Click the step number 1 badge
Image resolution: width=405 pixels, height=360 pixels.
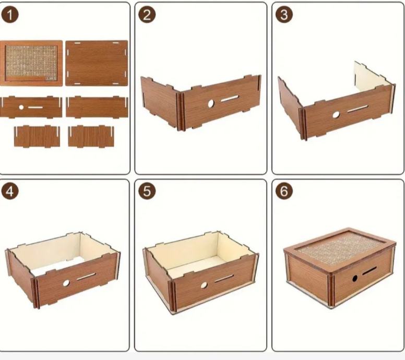[x=10, y=15]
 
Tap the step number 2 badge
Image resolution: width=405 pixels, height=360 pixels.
[x=147, y=15]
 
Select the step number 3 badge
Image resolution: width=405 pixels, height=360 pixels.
[x=284, y=15]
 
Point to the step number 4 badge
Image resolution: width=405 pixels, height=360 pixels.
[x=10, y=191]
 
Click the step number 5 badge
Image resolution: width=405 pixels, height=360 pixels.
[x=147, y=191]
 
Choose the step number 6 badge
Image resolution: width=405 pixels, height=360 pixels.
[x=284, y=191]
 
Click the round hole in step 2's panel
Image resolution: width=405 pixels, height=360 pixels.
[x=211, y=103]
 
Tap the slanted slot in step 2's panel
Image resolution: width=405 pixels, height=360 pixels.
[x=230, y=99]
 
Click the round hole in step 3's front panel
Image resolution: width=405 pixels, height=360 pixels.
[x=336, y=115]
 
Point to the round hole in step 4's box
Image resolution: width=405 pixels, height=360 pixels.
[x=66, y=283]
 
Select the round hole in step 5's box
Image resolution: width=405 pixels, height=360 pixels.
[x=204, y=285]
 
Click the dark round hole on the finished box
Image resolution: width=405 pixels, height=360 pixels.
[x=355, y=279]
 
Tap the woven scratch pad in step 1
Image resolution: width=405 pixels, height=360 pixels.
[x=31, y=63]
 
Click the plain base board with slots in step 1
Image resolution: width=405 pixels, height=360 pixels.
[x=97, y=63]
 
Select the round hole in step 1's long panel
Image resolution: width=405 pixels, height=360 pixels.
[x=21, y=107]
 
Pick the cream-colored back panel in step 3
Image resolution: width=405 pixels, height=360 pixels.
[x=372, y=77]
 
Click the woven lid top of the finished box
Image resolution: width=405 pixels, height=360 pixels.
[x=340, y=247]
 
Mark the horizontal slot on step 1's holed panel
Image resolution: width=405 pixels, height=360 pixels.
[x=35, y=107]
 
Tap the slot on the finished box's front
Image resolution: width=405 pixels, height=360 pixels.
[x=370, y=271]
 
